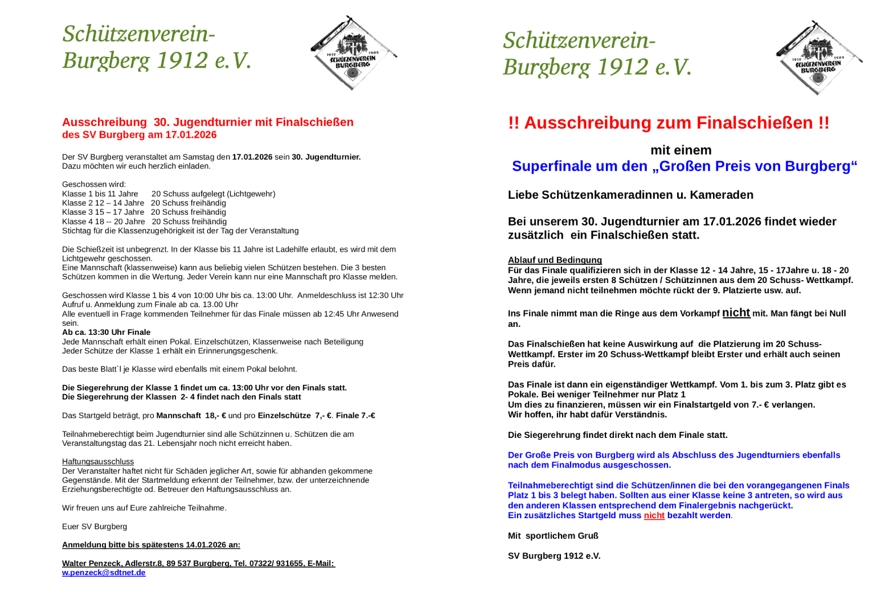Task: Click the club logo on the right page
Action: coord(818,58)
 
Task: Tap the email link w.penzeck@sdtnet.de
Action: coord(104,573)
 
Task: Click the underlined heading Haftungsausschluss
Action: coord(98,462)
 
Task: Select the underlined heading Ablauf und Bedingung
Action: coord(555,260)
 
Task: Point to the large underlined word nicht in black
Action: coord(736,313)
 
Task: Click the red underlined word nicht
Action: coord(654,515)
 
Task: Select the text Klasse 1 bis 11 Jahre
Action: coord(100,194)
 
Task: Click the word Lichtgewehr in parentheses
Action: coord(251,194)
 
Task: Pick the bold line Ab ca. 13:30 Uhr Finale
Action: coord(106,333)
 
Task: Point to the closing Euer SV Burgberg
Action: coord(95,527)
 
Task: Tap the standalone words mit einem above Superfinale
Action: coord(681,150)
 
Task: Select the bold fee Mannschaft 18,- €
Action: coord(191,416)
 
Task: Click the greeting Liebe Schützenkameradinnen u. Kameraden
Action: coord(630,195)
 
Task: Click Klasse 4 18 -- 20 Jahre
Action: coord(104,222)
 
